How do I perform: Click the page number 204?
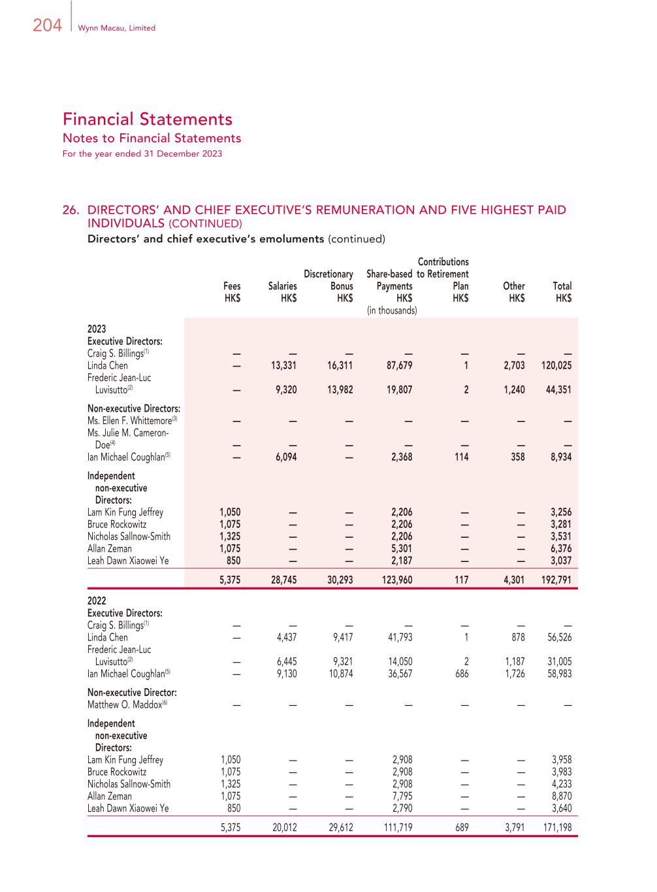(x=47, y=25)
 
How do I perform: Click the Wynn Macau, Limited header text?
(x=116, y=28)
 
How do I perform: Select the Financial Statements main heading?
(x=148, y=119)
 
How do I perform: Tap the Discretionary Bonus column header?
(x=328, y=280)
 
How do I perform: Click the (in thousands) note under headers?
(x=392, y=311)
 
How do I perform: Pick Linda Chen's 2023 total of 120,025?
(x=555, y=366)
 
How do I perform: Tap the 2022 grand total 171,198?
(x=555, y=827)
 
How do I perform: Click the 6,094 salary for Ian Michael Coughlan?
(x=284, y=457)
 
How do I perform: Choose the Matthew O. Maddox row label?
(x=128, y=705)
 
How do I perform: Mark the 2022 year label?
(x=97, y=601)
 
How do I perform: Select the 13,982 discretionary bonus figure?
(x=340, y=390)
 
